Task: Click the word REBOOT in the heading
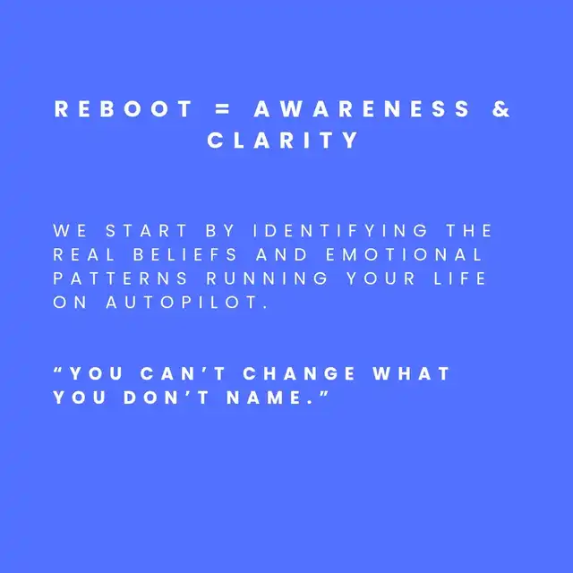coord(124,109)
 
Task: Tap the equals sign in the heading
coord(223,109)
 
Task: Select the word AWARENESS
coord(362,109)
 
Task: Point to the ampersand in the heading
coord(500,109)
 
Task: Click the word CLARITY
coord(283,140)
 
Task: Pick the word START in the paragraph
coord(146,231)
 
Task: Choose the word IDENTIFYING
coord(340,231)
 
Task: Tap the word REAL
coord(83,254)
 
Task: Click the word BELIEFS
coord(185,254)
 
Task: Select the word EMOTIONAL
coord(404,254)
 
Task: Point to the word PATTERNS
coord(120,278)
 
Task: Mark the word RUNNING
coord(267,278)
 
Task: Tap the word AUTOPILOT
coord(182,303)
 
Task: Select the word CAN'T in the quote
coord(183,373)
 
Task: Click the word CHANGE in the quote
coord(298,373)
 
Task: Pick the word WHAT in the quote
coord(411,373)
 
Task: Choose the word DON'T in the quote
coord(166,398)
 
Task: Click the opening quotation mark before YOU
coord(58,369)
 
